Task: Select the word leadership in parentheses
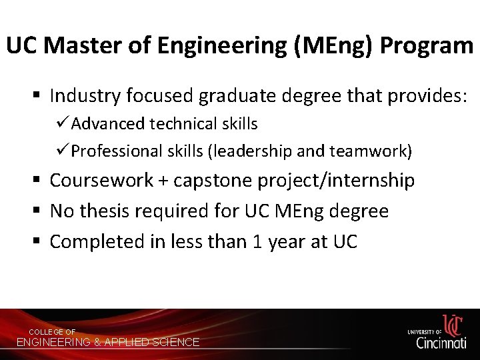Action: pos(250,151)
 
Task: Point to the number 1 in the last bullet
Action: pos(257,241)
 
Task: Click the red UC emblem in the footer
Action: pos(453,325)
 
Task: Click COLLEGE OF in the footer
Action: pos(52,332)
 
